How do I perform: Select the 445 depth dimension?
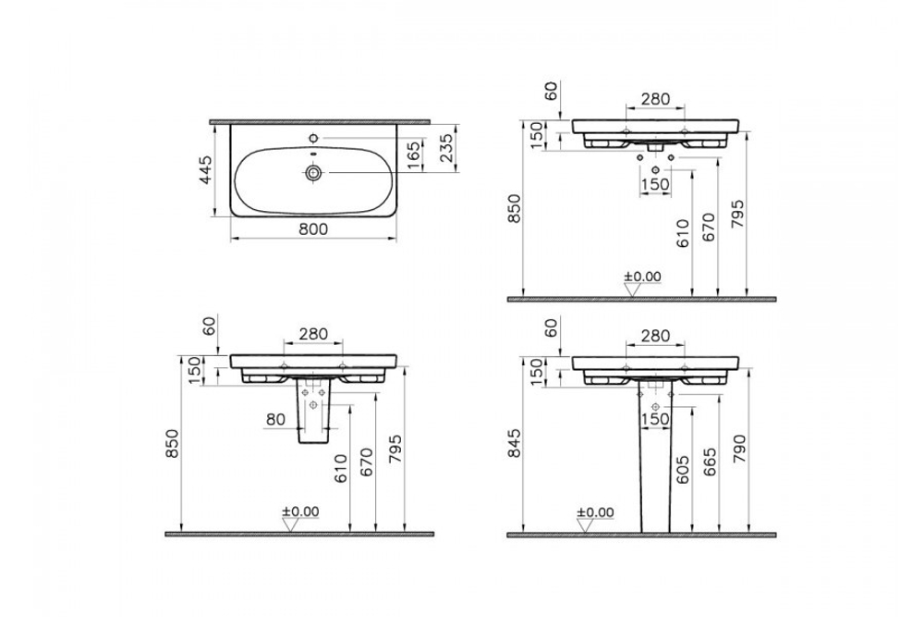206,171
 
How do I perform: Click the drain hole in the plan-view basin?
315,172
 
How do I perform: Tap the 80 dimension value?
274,420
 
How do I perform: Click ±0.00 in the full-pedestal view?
593,512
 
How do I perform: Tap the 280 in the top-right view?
655,100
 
